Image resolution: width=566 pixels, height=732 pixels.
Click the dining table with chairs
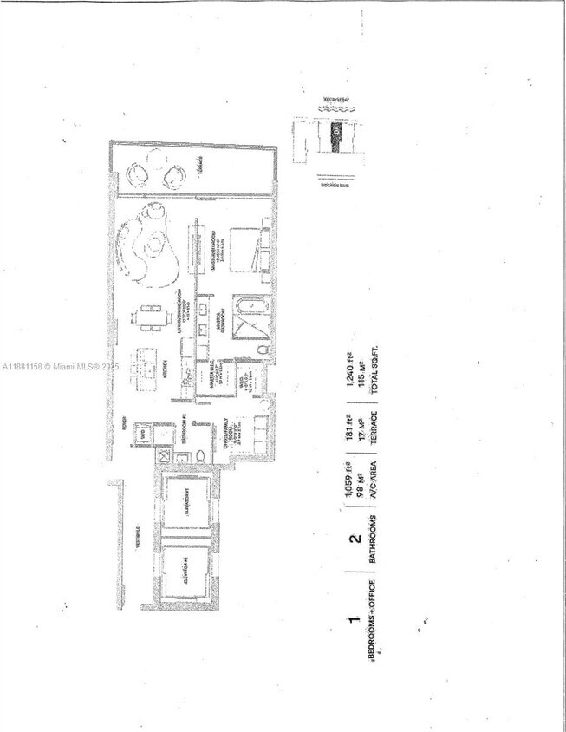pos(153,317)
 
